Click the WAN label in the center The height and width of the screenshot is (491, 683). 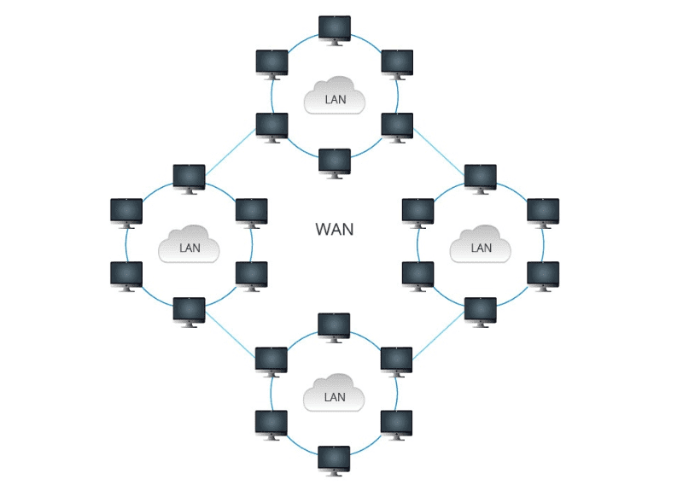tap(334, 229)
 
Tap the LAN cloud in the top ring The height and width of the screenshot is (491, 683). tap(335, 96)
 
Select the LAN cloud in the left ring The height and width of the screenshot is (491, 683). tap(190, 246)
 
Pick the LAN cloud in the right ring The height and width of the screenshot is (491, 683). tap(481, 246)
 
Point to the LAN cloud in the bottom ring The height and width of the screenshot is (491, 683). tap(335, 395)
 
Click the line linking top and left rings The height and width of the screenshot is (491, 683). tap(231, 155)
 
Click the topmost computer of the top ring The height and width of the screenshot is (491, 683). tap(334, 27)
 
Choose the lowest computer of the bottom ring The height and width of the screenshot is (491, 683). tap(334, 459)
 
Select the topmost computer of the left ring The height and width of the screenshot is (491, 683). tap(189, 177)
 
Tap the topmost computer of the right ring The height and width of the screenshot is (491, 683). tap(481, 177)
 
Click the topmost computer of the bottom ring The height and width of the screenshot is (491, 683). tap(334, 325)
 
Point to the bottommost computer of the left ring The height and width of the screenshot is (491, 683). tap(189, 310)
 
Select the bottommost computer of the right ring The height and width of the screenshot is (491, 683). tap(481, 310)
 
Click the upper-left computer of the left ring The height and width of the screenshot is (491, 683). tap(126, 211)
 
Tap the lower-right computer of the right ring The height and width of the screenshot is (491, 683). tap(543, 274)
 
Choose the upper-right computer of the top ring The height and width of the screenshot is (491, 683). tap(397, 62)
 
